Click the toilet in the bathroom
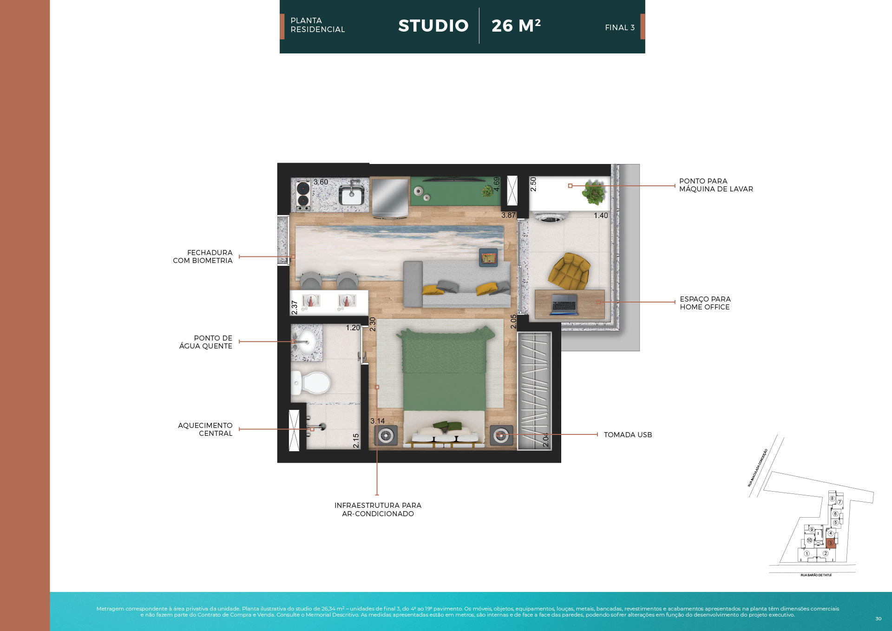coord(312,383)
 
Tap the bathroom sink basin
coord(307,342)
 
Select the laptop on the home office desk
coord(564,305)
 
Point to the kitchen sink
coord(352,194)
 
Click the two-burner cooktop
coord(303,195)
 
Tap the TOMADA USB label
coord(628,435)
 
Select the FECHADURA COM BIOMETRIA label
coord(203,256)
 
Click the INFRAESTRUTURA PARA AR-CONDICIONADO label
coord(378,509)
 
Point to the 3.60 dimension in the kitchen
coord(321,182)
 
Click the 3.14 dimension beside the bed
coord(377,421)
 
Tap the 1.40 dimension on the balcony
coord(601,216)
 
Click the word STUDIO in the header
coord(433,26)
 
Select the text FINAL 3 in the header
coord(619,28)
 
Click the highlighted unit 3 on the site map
coord(831,543)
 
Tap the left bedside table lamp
coord(386,436)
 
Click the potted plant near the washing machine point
coord(593,192)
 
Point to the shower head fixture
coord(320,427)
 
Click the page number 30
coord(878,618)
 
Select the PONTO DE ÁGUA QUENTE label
coord(206,342)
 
